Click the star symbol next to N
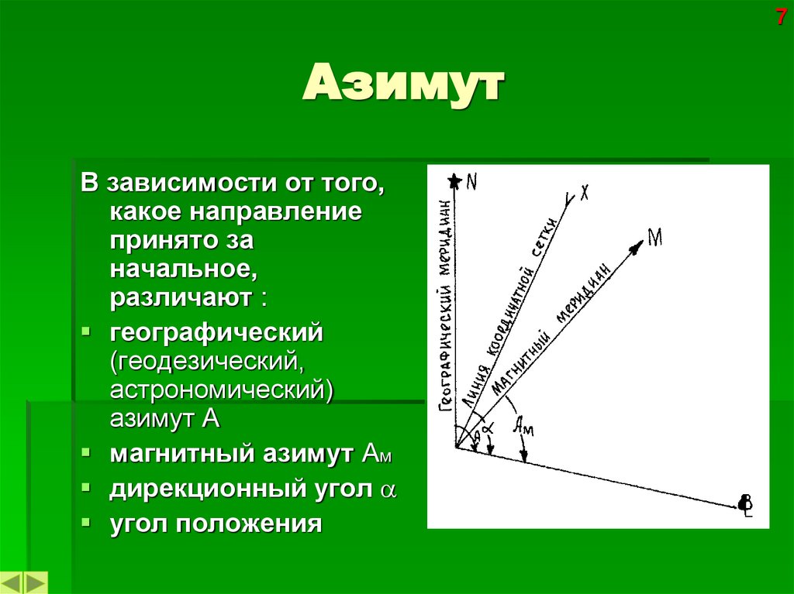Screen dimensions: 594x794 (454, 181)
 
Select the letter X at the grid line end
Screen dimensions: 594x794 (583, 191)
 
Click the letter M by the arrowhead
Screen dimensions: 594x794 (654, 238)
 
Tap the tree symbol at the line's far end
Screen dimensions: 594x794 (746, 504)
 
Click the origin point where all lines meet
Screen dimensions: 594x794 (456, 448)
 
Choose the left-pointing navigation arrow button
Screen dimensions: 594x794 (13, 582)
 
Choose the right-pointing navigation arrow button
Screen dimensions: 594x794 (36, 582)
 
